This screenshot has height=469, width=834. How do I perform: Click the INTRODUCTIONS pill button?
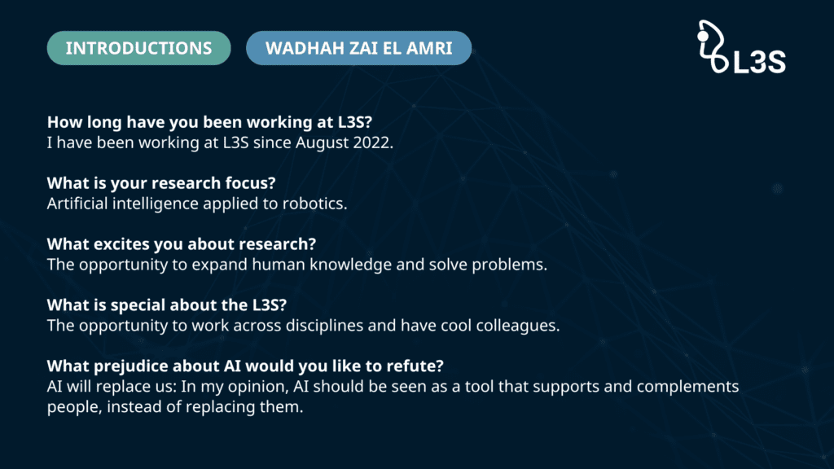[x=138, y=48]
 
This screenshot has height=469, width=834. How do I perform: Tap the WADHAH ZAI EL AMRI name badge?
[x=359, y=48]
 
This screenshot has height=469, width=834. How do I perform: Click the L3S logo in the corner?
[x=741, y=46]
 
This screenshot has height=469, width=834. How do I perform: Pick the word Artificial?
[x=77, y=204]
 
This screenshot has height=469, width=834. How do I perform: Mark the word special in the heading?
[x=138, y=306]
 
